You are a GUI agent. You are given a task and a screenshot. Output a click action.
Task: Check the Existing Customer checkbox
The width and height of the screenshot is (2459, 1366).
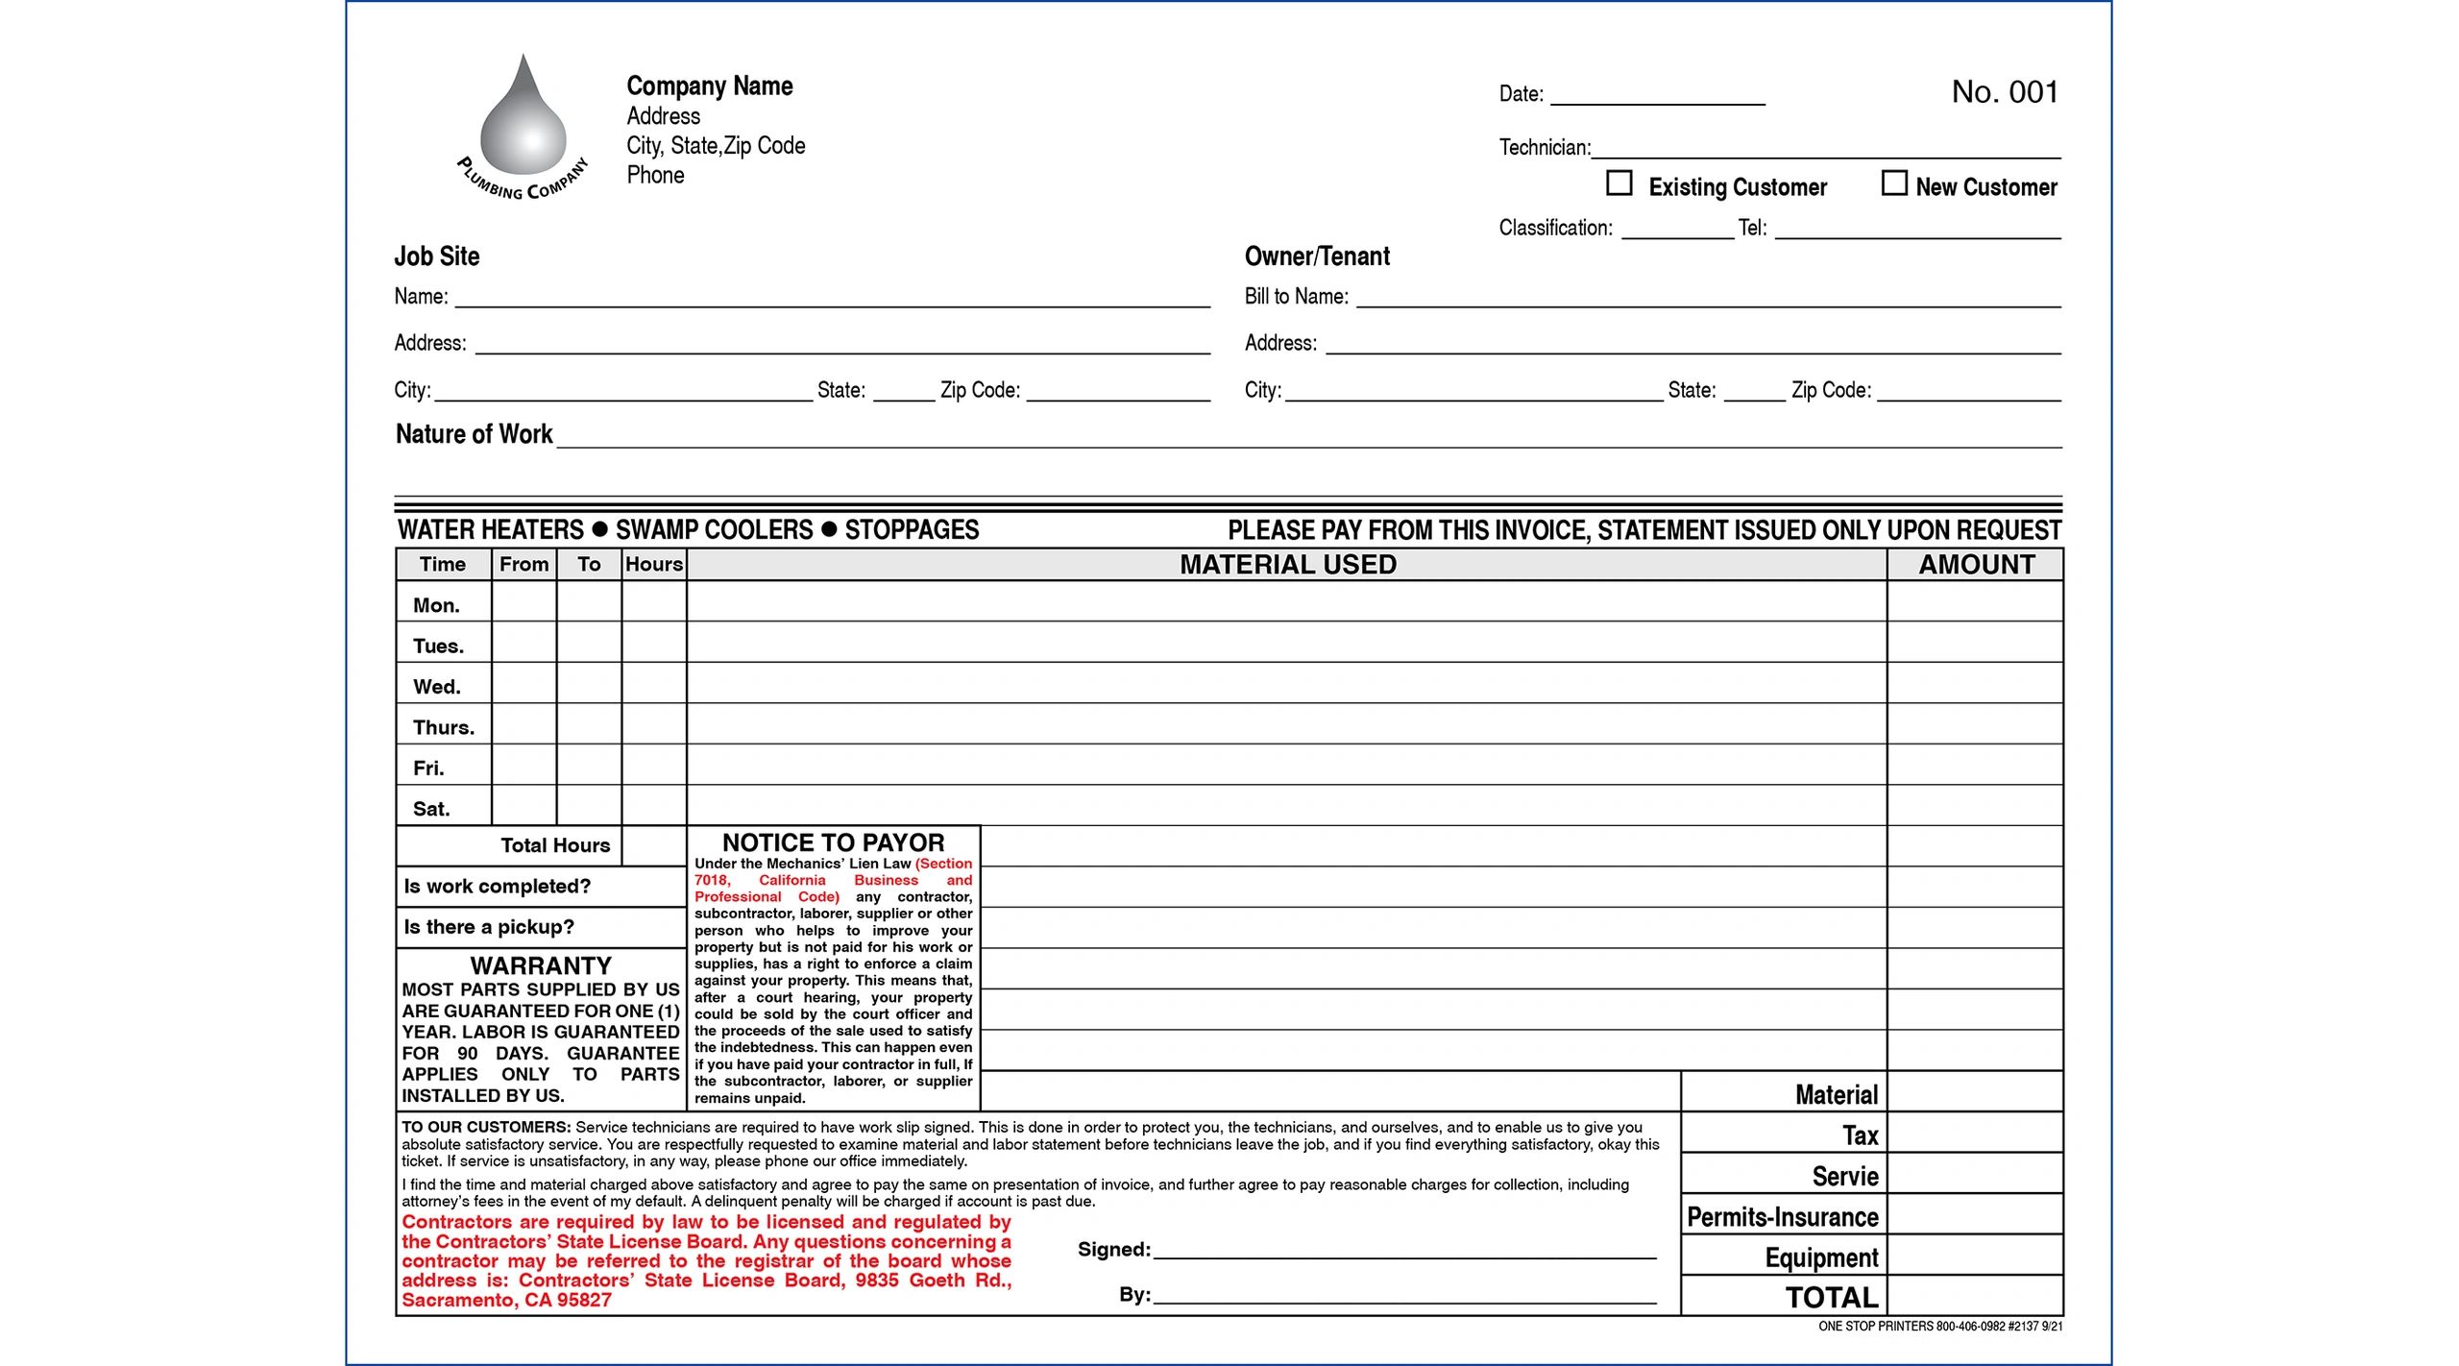(x=1619, y=183)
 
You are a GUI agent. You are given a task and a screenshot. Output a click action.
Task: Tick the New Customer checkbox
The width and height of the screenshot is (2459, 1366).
(x=1893, y=183)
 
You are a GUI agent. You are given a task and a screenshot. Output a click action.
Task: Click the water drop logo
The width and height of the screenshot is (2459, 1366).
(x=523, y=120)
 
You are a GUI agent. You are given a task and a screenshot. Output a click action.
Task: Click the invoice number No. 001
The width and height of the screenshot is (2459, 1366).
(x=2005, y=92)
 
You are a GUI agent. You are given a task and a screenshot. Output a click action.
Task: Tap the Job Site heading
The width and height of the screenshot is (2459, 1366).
(x=436, y=256)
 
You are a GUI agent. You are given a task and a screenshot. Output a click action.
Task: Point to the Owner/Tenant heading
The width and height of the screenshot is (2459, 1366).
(x=1317, y=256)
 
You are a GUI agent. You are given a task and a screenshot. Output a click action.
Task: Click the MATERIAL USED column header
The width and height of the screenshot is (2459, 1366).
(x=1287, y=565)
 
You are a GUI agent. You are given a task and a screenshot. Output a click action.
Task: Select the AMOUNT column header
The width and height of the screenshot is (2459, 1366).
(x=1976, y=565)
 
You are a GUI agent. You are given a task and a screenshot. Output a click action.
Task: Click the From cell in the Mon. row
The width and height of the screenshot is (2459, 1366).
(x=523, y=602)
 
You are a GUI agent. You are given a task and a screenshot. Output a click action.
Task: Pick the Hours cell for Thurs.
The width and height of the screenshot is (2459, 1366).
(x=653, y=724)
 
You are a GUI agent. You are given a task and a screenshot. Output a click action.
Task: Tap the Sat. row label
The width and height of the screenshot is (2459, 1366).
(x=431, y=809)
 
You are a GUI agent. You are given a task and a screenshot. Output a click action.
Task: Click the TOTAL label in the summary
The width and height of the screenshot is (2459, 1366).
(x=1831, y=1298)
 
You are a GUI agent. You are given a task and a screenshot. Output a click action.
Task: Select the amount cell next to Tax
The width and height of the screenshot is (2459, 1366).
(x=1975, y=1134)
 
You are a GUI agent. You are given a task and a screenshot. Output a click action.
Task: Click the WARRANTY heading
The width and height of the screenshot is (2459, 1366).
(x=541, y=965)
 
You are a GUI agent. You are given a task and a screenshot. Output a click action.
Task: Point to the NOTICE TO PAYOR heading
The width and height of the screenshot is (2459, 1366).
(x=833, y=842)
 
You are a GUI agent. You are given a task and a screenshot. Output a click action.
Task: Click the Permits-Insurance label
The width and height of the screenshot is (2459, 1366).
(x=1782, y=1217)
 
